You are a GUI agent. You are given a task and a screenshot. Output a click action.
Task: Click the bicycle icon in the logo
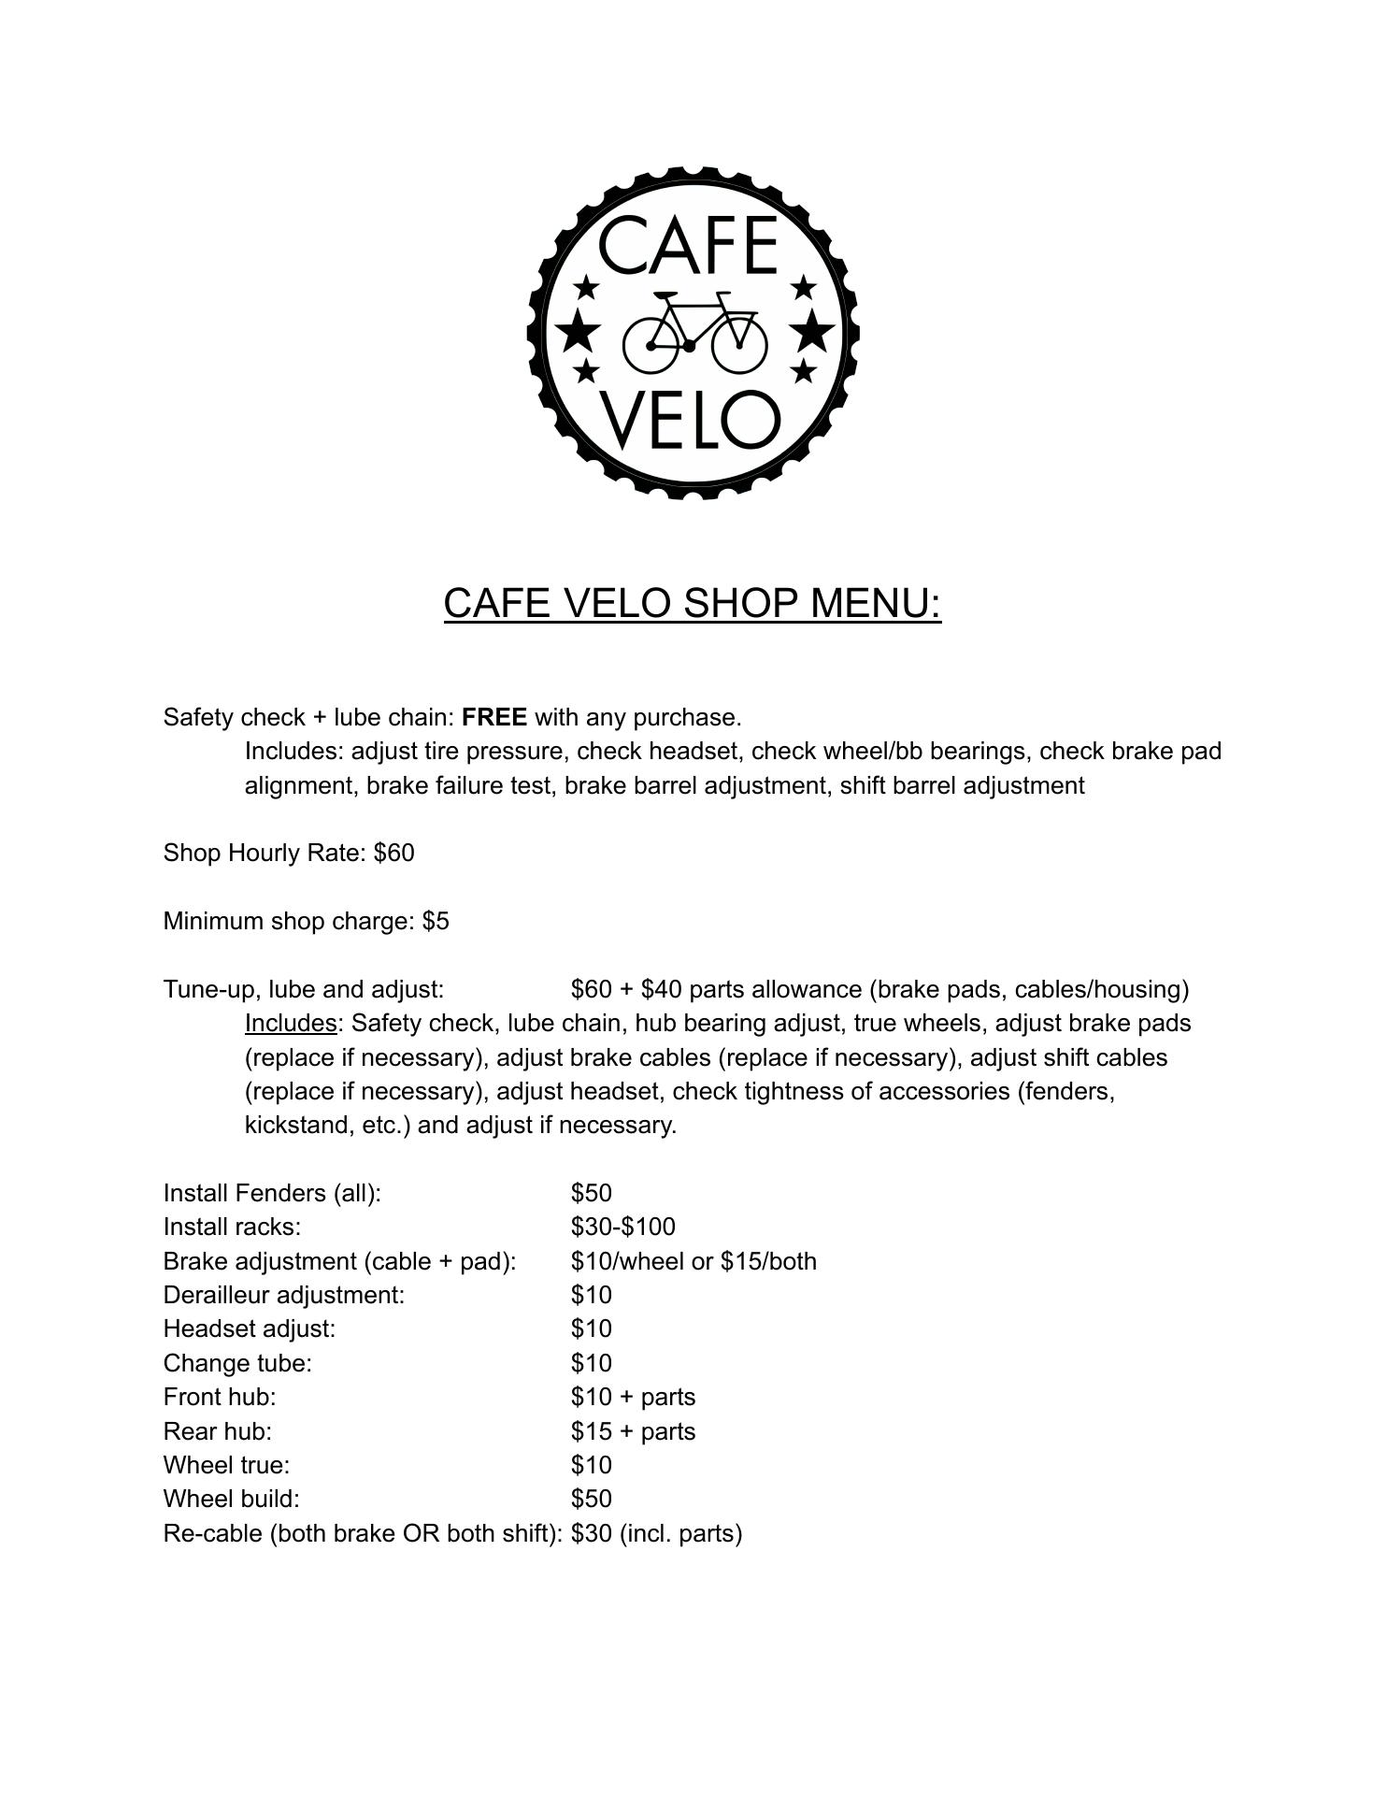point(693,332)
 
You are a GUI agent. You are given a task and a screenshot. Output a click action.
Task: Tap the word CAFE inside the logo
point(688,245)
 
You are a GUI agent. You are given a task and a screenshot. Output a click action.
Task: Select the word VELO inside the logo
point(689,420)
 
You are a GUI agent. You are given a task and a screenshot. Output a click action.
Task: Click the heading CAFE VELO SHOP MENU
point(692,603)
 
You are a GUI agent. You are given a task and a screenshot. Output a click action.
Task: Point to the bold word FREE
point(493,717)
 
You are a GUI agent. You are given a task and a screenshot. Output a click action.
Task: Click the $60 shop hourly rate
point(393,853)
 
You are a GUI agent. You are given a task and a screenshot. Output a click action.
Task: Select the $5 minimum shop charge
point(436,921)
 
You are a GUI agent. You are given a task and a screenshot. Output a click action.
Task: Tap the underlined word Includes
point(290,1024)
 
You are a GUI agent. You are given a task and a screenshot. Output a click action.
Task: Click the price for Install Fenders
point(591,1193)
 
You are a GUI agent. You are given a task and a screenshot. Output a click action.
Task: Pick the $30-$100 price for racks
point(622,1227)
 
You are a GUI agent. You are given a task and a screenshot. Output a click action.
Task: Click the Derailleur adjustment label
point(283,1295)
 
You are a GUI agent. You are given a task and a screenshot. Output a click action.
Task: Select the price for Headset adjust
point(591,1328)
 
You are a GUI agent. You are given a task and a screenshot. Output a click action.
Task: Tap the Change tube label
point(237,1363)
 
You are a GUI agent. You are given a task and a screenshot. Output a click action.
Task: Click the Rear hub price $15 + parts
point(633,1431)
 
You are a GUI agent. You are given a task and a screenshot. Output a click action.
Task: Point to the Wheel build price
point(591,1499)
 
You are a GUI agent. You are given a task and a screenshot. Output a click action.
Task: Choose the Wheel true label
point(226,1465)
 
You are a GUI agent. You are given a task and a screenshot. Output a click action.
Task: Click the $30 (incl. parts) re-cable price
point(656,1533)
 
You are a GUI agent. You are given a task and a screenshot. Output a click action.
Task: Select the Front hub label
point(220,1397)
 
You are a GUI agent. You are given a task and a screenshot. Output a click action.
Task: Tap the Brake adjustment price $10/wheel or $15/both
point(693,1261)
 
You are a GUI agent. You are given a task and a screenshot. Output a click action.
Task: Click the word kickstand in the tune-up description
point(300,1125)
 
